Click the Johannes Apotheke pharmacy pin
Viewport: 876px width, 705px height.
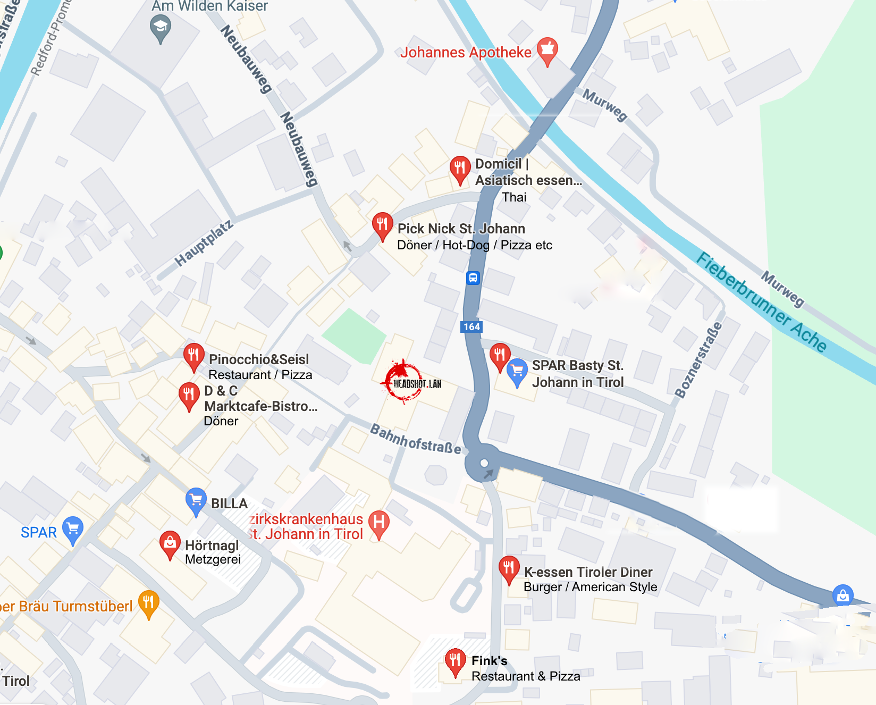(x=547, y=50)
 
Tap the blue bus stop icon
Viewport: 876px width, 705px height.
(x=473, y=278)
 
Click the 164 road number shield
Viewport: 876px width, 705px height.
(x=471, y=327)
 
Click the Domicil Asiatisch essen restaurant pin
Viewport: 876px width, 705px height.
(x=460, y=169)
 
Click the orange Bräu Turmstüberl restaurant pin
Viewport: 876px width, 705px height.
(x=148, y=602)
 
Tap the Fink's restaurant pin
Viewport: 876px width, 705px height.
(x=454, y=661)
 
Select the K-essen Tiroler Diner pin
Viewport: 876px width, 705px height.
(x=509, y=568)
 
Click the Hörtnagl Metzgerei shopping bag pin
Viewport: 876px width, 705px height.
(x=170, y=543)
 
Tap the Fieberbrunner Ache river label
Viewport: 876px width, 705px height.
(x=761, y=301)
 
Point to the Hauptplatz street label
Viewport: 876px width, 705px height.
(x=204, y=243)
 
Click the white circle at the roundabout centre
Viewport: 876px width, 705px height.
(x=484, y=463)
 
